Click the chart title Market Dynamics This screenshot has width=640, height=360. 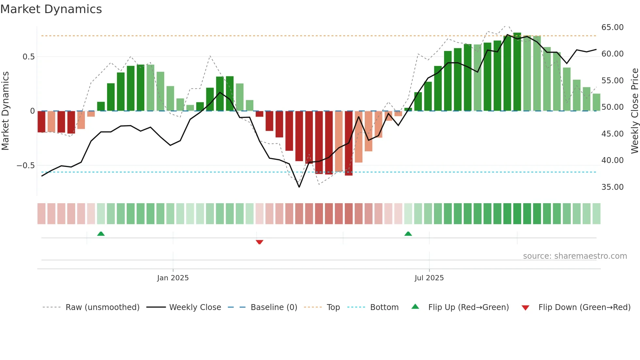tap(51, 9)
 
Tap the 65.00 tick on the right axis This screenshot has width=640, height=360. tap(612, 27)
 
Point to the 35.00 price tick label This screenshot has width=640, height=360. tap(612, 187)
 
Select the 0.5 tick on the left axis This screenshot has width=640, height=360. tap(28, 57)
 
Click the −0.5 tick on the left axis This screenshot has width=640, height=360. tap(26, 166)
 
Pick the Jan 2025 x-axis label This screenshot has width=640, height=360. tap(173, 278)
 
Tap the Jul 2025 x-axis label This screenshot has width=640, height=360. tap(429, 278)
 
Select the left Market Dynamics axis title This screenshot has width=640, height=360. tap(5, 111)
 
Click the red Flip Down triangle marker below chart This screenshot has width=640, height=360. tap(260, 242)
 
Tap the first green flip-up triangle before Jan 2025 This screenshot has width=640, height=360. tap(101, 234)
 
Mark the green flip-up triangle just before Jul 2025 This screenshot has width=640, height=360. tap(408, 234)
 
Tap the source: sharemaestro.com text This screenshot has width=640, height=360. tap(575, 256)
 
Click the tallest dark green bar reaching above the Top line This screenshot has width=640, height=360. tap(517, 72)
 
